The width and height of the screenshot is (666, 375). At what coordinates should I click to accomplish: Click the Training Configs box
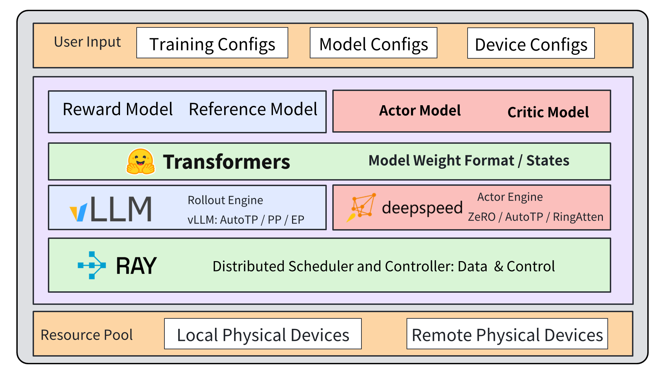[x=212, y=43]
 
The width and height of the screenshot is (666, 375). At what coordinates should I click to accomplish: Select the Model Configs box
[x=373, y=43]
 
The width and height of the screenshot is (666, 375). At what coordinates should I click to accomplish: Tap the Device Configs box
[x=531, y=43]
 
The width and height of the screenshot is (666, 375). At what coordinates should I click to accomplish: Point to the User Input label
[x=87, y=42]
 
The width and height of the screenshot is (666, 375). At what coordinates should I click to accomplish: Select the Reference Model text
[x=253, y=109]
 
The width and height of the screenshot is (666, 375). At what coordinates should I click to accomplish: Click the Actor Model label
[x=420, y=111]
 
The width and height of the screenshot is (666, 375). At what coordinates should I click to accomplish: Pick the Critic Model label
[x=548, y=112]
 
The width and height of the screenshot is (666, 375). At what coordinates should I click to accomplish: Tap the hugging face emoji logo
[x=140, y=162]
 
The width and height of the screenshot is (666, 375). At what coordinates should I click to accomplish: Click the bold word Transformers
[x=227, y=162]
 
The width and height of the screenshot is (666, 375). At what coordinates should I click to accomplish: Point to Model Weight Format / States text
[x=469, y=161]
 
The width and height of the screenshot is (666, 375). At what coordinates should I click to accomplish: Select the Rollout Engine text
[x=225, y=200]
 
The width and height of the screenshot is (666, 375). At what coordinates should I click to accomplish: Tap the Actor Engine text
[x=510, y=197]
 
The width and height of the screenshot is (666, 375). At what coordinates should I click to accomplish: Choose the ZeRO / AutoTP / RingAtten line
[x=536, y=217]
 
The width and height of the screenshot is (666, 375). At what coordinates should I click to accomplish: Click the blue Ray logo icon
[x=92, y=266]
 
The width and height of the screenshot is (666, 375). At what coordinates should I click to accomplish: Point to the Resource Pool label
[x=86, y=335]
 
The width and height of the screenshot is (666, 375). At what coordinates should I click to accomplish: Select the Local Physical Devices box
[x=263, y=334]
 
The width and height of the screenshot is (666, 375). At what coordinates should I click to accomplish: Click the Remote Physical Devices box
[x=507, y=334]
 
